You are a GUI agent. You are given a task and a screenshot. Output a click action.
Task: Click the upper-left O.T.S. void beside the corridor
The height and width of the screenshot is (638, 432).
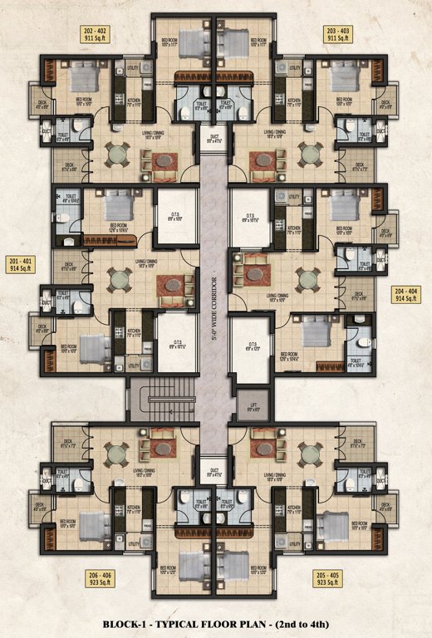[175, 214]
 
